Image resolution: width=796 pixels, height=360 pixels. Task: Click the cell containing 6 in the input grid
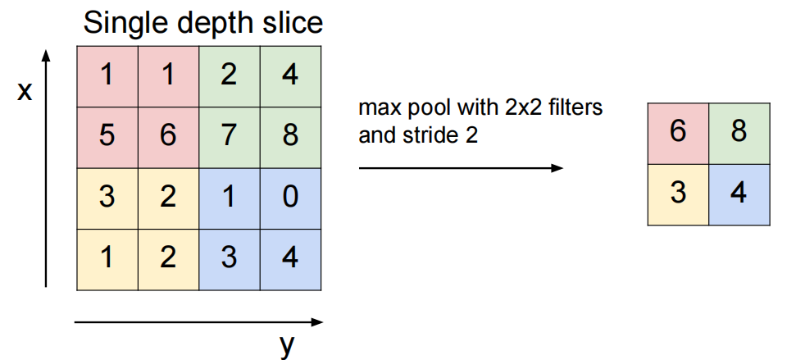(168, 136)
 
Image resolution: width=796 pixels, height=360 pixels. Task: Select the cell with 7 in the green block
(230, 136)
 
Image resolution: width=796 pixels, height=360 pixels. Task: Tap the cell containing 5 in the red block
(107, 136)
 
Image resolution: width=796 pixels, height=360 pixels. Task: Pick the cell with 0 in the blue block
(290, 198)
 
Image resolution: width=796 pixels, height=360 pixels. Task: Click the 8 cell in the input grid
(290, 136)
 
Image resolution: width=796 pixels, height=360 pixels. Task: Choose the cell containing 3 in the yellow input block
(107, 198)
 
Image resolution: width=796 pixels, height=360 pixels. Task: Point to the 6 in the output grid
(677, 133)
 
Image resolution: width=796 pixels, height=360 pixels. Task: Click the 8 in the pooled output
(739, 133)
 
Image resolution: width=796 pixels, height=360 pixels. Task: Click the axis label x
(25, 92)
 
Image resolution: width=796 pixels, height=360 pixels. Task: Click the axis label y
(285, 345)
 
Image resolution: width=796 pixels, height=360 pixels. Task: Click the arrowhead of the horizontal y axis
(316, 322)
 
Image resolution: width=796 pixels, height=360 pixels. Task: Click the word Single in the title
(122, 22)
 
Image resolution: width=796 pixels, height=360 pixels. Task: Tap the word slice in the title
(292, 22)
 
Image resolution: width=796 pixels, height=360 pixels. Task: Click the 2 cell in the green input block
(230, 75)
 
